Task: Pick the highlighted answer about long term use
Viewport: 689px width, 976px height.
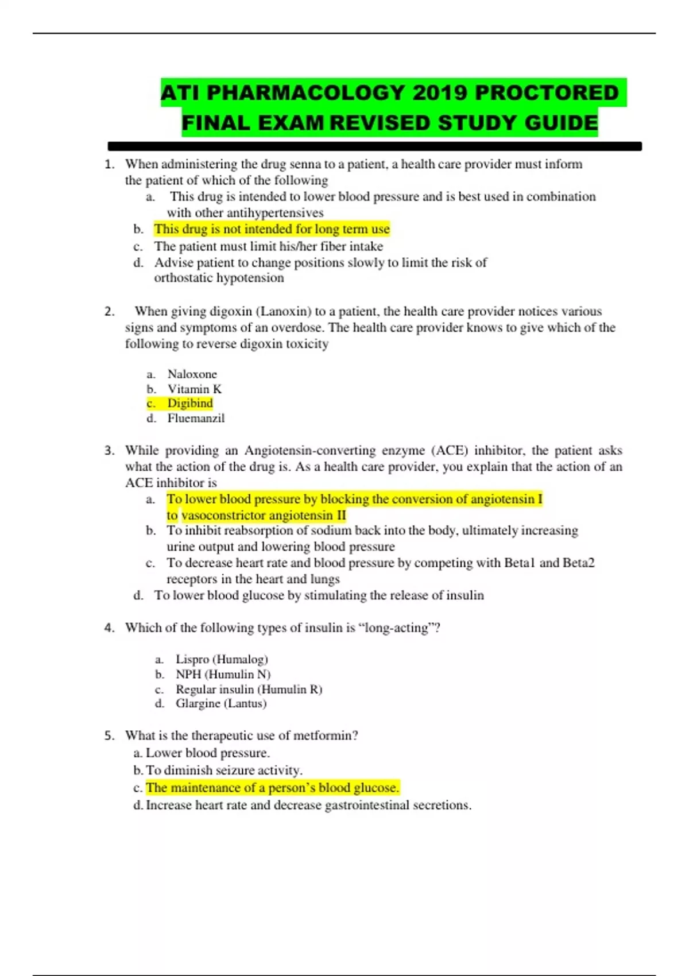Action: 272,229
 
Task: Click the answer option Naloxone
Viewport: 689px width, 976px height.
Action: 192,374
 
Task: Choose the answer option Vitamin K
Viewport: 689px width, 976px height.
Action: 194,389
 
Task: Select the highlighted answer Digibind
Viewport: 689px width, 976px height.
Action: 190,404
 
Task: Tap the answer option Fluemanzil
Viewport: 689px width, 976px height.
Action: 196,419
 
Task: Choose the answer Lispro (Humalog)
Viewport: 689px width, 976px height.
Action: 222,660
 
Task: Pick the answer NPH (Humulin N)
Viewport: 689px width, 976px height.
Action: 223,675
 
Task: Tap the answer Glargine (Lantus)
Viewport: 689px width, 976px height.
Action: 221,704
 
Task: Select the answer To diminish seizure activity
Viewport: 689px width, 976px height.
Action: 224,770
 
